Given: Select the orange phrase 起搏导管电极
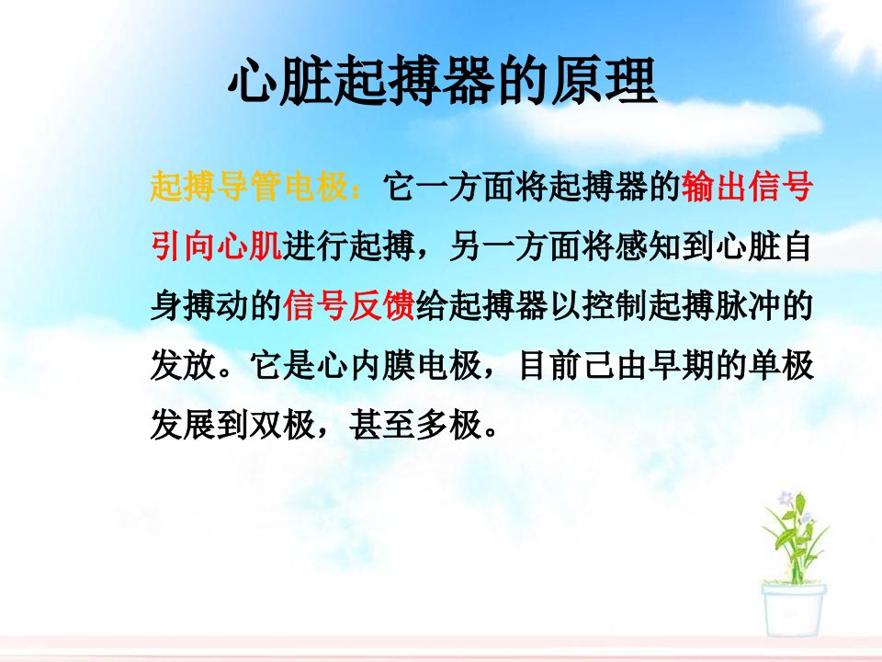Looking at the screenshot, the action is coord(249,187).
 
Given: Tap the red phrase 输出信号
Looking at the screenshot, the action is coord(747,187).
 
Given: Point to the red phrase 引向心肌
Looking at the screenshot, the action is coord(216,246).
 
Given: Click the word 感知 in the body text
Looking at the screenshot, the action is coord(648,246).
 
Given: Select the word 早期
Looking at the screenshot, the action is coord(681,365).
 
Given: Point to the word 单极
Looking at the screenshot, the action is coord(780,365).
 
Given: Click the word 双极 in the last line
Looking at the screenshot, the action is coord(282,425).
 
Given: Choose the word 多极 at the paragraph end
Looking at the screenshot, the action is coord(448,425).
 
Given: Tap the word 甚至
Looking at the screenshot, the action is coord(382,425).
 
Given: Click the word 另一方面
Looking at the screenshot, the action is coord(515,246).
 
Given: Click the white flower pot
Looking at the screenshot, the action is coord(794,610).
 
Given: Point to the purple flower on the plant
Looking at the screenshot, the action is coord(785,498).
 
